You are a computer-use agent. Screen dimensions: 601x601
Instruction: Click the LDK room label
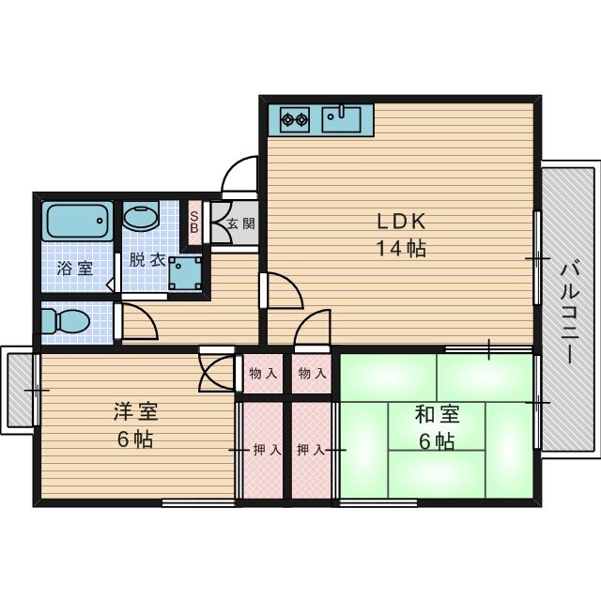click(402, 222)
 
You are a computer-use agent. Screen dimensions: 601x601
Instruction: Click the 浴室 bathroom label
click(74, 269)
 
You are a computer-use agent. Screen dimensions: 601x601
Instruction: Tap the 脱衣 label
click(146, 260)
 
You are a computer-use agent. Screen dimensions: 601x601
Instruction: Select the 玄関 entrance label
click(241, 223)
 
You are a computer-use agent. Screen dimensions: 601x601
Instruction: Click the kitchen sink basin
click(342, 120)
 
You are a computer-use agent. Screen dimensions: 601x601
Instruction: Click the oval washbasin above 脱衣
click(142, 220)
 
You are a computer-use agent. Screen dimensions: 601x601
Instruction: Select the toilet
click(66, 320)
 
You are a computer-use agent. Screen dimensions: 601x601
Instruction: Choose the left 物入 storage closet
click(262, 374)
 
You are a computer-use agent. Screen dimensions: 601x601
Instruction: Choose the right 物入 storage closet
click(312, 374)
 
